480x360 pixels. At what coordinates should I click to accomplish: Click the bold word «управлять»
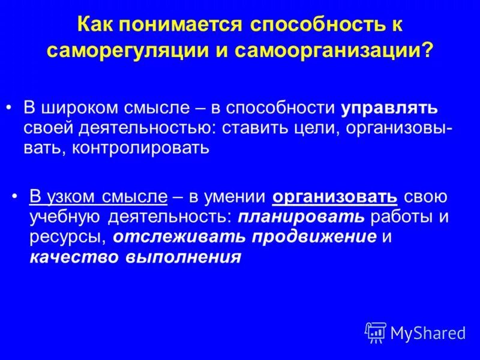pyautogui.click(x=389, y=109)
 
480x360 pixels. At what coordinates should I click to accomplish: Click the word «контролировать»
pyautogui.click(x=142, y=148)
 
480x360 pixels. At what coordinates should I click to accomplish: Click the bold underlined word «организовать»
pyautogui.click(x=335, y=197)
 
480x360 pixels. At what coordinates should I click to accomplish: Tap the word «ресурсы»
pyautogui.click(x=68, y=236)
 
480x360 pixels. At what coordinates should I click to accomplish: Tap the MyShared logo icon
pyautogui.click(x=376, y=332)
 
